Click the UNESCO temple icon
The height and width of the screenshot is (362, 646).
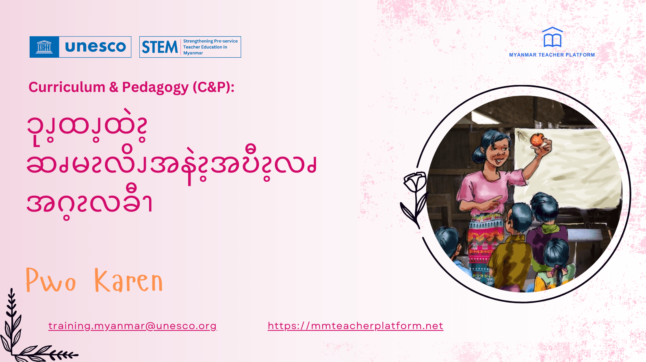tap(44, 47)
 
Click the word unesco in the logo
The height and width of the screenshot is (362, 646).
tap(95, 47)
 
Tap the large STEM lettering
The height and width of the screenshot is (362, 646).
tap(160, 47)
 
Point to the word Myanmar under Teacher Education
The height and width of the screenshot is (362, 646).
tap(193, 53)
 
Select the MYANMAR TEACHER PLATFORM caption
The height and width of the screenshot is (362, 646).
tap(552, 55)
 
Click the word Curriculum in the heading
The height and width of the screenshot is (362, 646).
tap(67, 87)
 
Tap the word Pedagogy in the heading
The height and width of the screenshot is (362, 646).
tap(155, 87)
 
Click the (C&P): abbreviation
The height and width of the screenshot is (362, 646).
tap(213, 87)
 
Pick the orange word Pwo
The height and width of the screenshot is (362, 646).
tap(51, 281)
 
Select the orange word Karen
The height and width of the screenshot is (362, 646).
tap(128, 281)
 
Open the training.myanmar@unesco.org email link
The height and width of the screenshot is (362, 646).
tap(132, 326)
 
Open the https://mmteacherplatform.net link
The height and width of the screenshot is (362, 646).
tap(356, 326)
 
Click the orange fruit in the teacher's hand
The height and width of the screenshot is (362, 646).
tap(537, 140)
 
